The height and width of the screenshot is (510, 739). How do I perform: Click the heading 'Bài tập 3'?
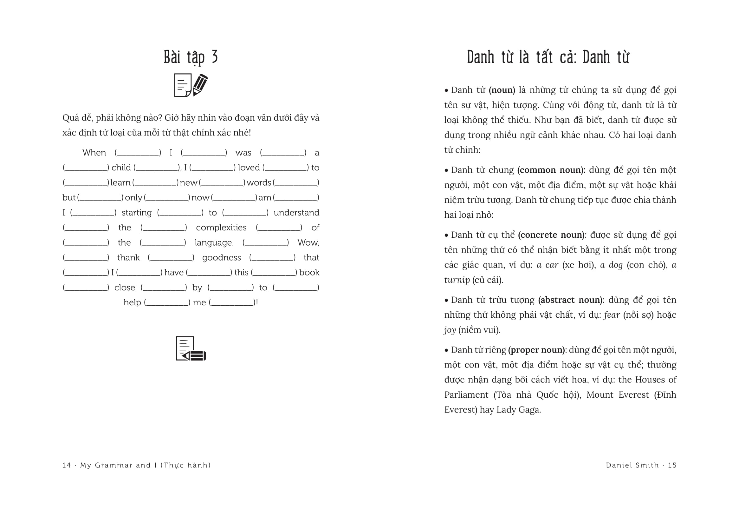point(191,57)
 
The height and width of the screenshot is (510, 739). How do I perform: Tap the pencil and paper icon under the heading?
point(191,85)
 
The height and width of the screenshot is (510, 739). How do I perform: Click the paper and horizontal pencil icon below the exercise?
point(191,348)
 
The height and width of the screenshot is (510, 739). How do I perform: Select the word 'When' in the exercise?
point(94,153)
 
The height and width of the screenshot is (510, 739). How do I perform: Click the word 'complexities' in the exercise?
point(221,228)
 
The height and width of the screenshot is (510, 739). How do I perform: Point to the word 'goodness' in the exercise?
point(221,258)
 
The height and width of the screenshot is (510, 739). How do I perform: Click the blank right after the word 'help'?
point(167,303)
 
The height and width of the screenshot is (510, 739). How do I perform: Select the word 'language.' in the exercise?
point(214,242)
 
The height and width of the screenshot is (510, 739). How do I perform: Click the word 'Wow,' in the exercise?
point(308,242)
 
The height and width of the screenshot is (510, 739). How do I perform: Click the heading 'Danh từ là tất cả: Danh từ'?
point(548,57)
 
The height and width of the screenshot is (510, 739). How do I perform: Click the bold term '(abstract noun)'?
point(570,300)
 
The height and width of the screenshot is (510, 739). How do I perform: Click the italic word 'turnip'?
point(457,280)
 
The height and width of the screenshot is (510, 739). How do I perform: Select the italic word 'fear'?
point(612,315)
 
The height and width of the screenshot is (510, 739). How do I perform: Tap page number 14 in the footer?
point(66,465)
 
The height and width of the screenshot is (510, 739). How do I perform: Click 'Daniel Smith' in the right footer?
point(632,465)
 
